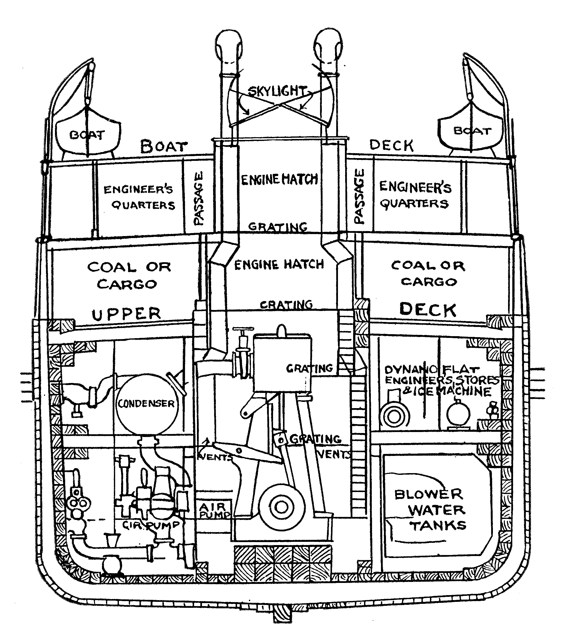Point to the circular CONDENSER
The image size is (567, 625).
click(x=146, y=404)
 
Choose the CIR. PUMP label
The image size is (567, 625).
click(x=150, y=525)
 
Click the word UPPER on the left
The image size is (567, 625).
click(x=126, y=314)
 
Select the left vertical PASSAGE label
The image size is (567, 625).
click(x=198, y=198)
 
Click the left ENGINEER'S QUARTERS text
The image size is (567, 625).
click(x=139, y=197)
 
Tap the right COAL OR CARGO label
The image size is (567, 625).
click(x=428, y=273)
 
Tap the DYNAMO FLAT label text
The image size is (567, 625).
click(x=432, y=370)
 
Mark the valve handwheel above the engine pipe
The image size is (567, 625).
click(x=243, y=329)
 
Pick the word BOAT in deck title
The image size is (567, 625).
click(x=164, y=146)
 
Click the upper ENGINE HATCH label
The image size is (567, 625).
click(x=279, y=180)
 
